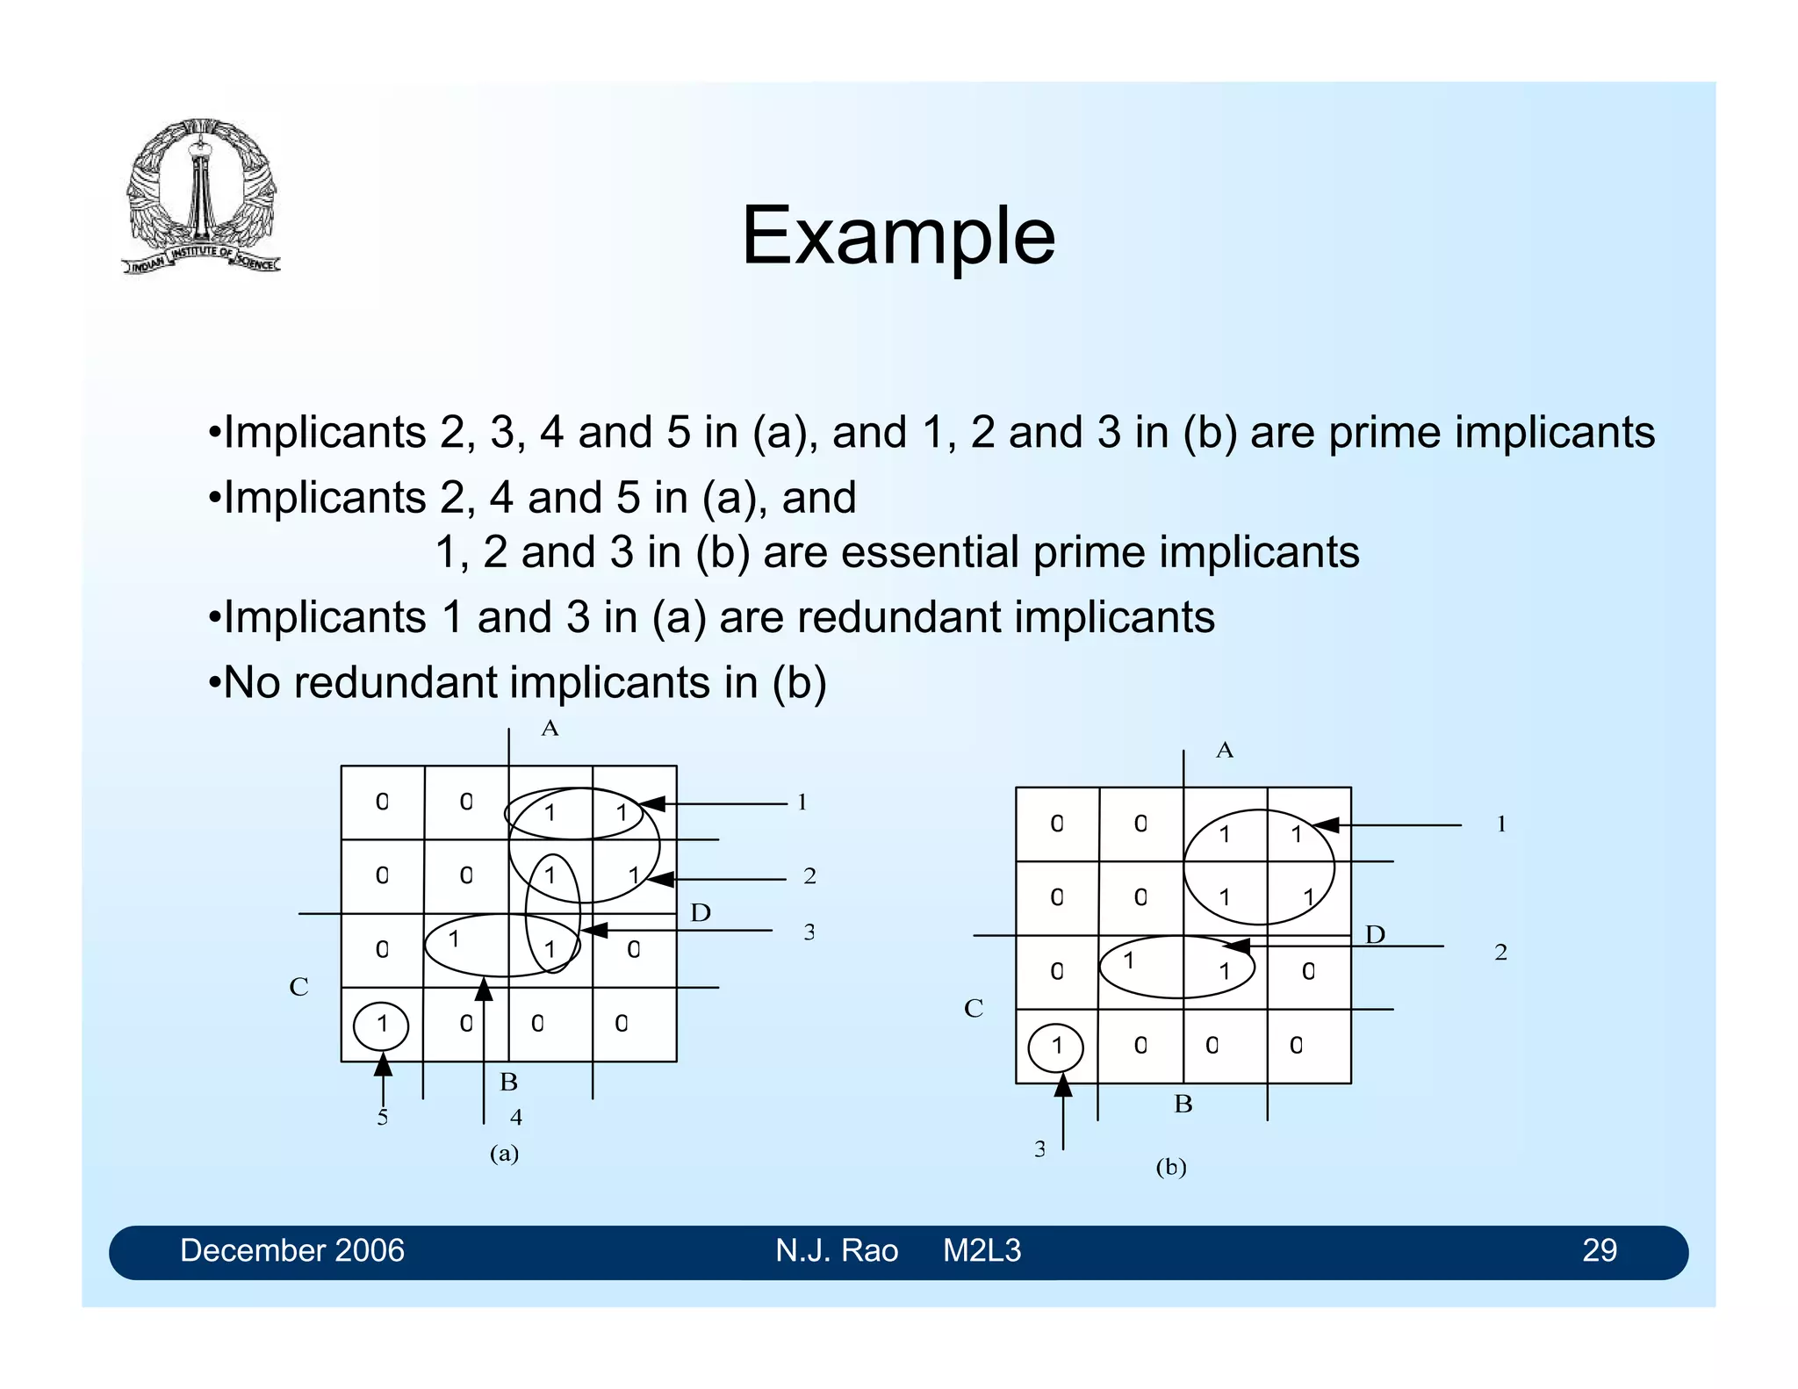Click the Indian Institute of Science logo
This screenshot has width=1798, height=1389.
click(201, 196)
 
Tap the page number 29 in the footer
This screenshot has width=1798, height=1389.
click(1599, 1250)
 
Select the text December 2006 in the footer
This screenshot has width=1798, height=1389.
click(291, 1250)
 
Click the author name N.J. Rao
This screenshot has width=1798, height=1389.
click(836, 1250)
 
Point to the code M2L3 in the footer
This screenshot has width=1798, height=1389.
click(982, 1250)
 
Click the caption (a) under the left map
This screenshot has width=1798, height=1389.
click(504, 1153)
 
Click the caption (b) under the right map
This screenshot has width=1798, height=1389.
click(1170, 1167)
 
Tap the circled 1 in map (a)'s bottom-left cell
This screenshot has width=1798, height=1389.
click(381, 1025)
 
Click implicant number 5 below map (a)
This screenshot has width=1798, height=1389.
click(382, 1118)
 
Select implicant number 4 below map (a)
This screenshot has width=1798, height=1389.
click(516, 1117)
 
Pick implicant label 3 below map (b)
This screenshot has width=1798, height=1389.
click(1039, 1149)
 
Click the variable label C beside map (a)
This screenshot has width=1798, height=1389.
click(298, 987)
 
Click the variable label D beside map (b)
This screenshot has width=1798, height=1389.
click(1375, 934)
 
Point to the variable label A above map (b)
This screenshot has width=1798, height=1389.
click(1224, 750)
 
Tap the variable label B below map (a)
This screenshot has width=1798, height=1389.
click(508, 1083)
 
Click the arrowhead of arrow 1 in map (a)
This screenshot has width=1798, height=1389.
click(651, 803)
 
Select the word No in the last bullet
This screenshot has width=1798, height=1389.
click(251, 683)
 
